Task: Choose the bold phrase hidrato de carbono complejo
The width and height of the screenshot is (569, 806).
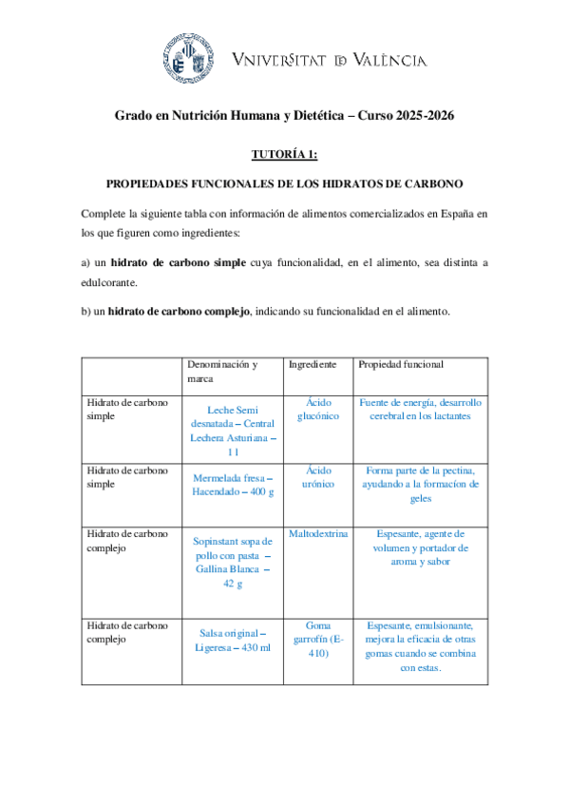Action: [179, 311]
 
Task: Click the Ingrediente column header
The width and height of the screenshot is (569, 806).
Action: [313, 364]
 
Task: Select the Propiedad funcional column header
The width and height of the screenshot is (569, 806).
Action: [400, 364]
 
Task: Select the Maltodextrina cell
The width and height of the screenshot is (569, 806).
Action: [318, 534]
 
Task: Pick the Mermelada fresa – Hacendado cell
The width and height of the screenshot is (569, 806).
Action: [233, 485]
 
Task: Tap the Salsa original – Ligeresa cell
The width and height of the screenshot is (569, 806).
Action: [233, 640]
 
